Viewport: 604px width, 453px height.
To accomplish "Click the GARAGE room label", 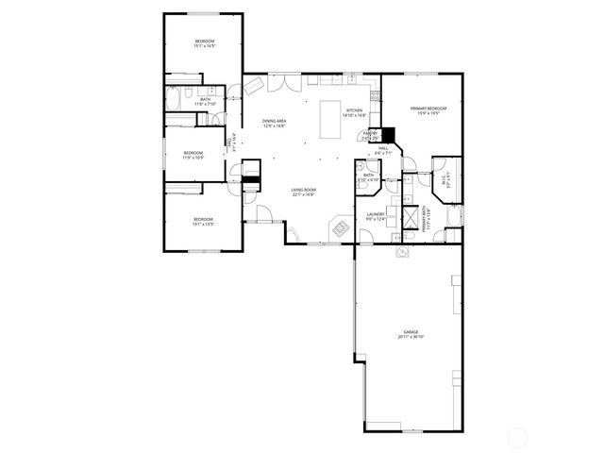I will [x=411, y=332].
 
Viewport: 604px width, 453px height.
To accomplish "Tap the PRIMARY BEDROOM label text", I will [x=428, y=109].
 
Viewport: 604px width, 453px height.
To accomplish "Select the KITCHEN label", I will [x=354, y=110].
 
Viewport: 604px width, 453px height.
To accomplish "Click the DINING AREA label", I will [x=275, y=121].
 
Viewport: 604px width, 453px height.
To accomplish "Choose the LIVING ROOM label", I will [x=303, y=191].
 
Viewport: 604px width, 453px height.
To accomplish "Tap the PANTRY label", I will [x=371, y=133].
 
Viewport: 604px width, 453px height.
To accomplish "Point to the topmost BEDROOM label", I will [x=204, y=42].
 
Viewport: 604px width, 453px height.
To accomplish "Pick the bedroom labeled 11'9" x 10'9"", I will [x=193, y=155].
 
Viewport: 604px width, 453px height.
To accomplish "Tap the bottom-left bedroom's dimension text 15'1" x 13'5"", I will [x=204, y=225].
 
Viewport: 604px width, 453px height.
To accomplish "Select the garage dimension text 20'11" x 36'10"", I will [x=411, y=337].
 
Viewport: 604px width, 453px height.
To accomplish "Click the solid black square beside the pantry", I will [x=386, y=135].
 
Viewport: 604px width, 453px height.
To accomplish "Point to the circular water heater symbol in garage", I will [x=400, y=253].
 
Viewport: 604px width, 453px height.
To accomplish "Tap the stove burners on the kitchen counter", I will [x=375, y=94].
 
